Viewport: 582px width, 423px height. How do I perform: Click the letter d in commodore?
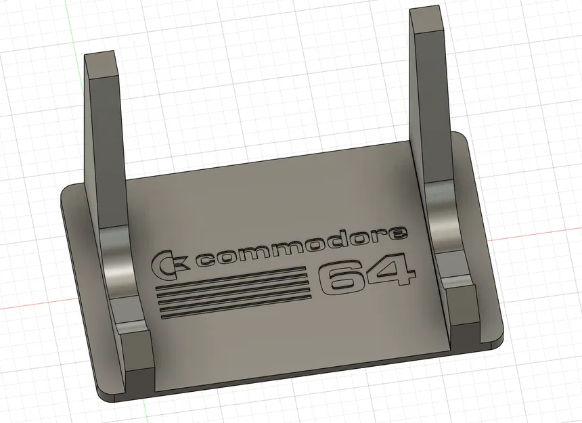pos(341,242)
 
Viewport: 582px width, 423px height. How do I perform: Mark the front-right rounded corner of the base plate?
pos(499,335)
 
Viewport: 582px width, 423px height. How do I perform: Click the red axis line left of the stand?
pos(27,306)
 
